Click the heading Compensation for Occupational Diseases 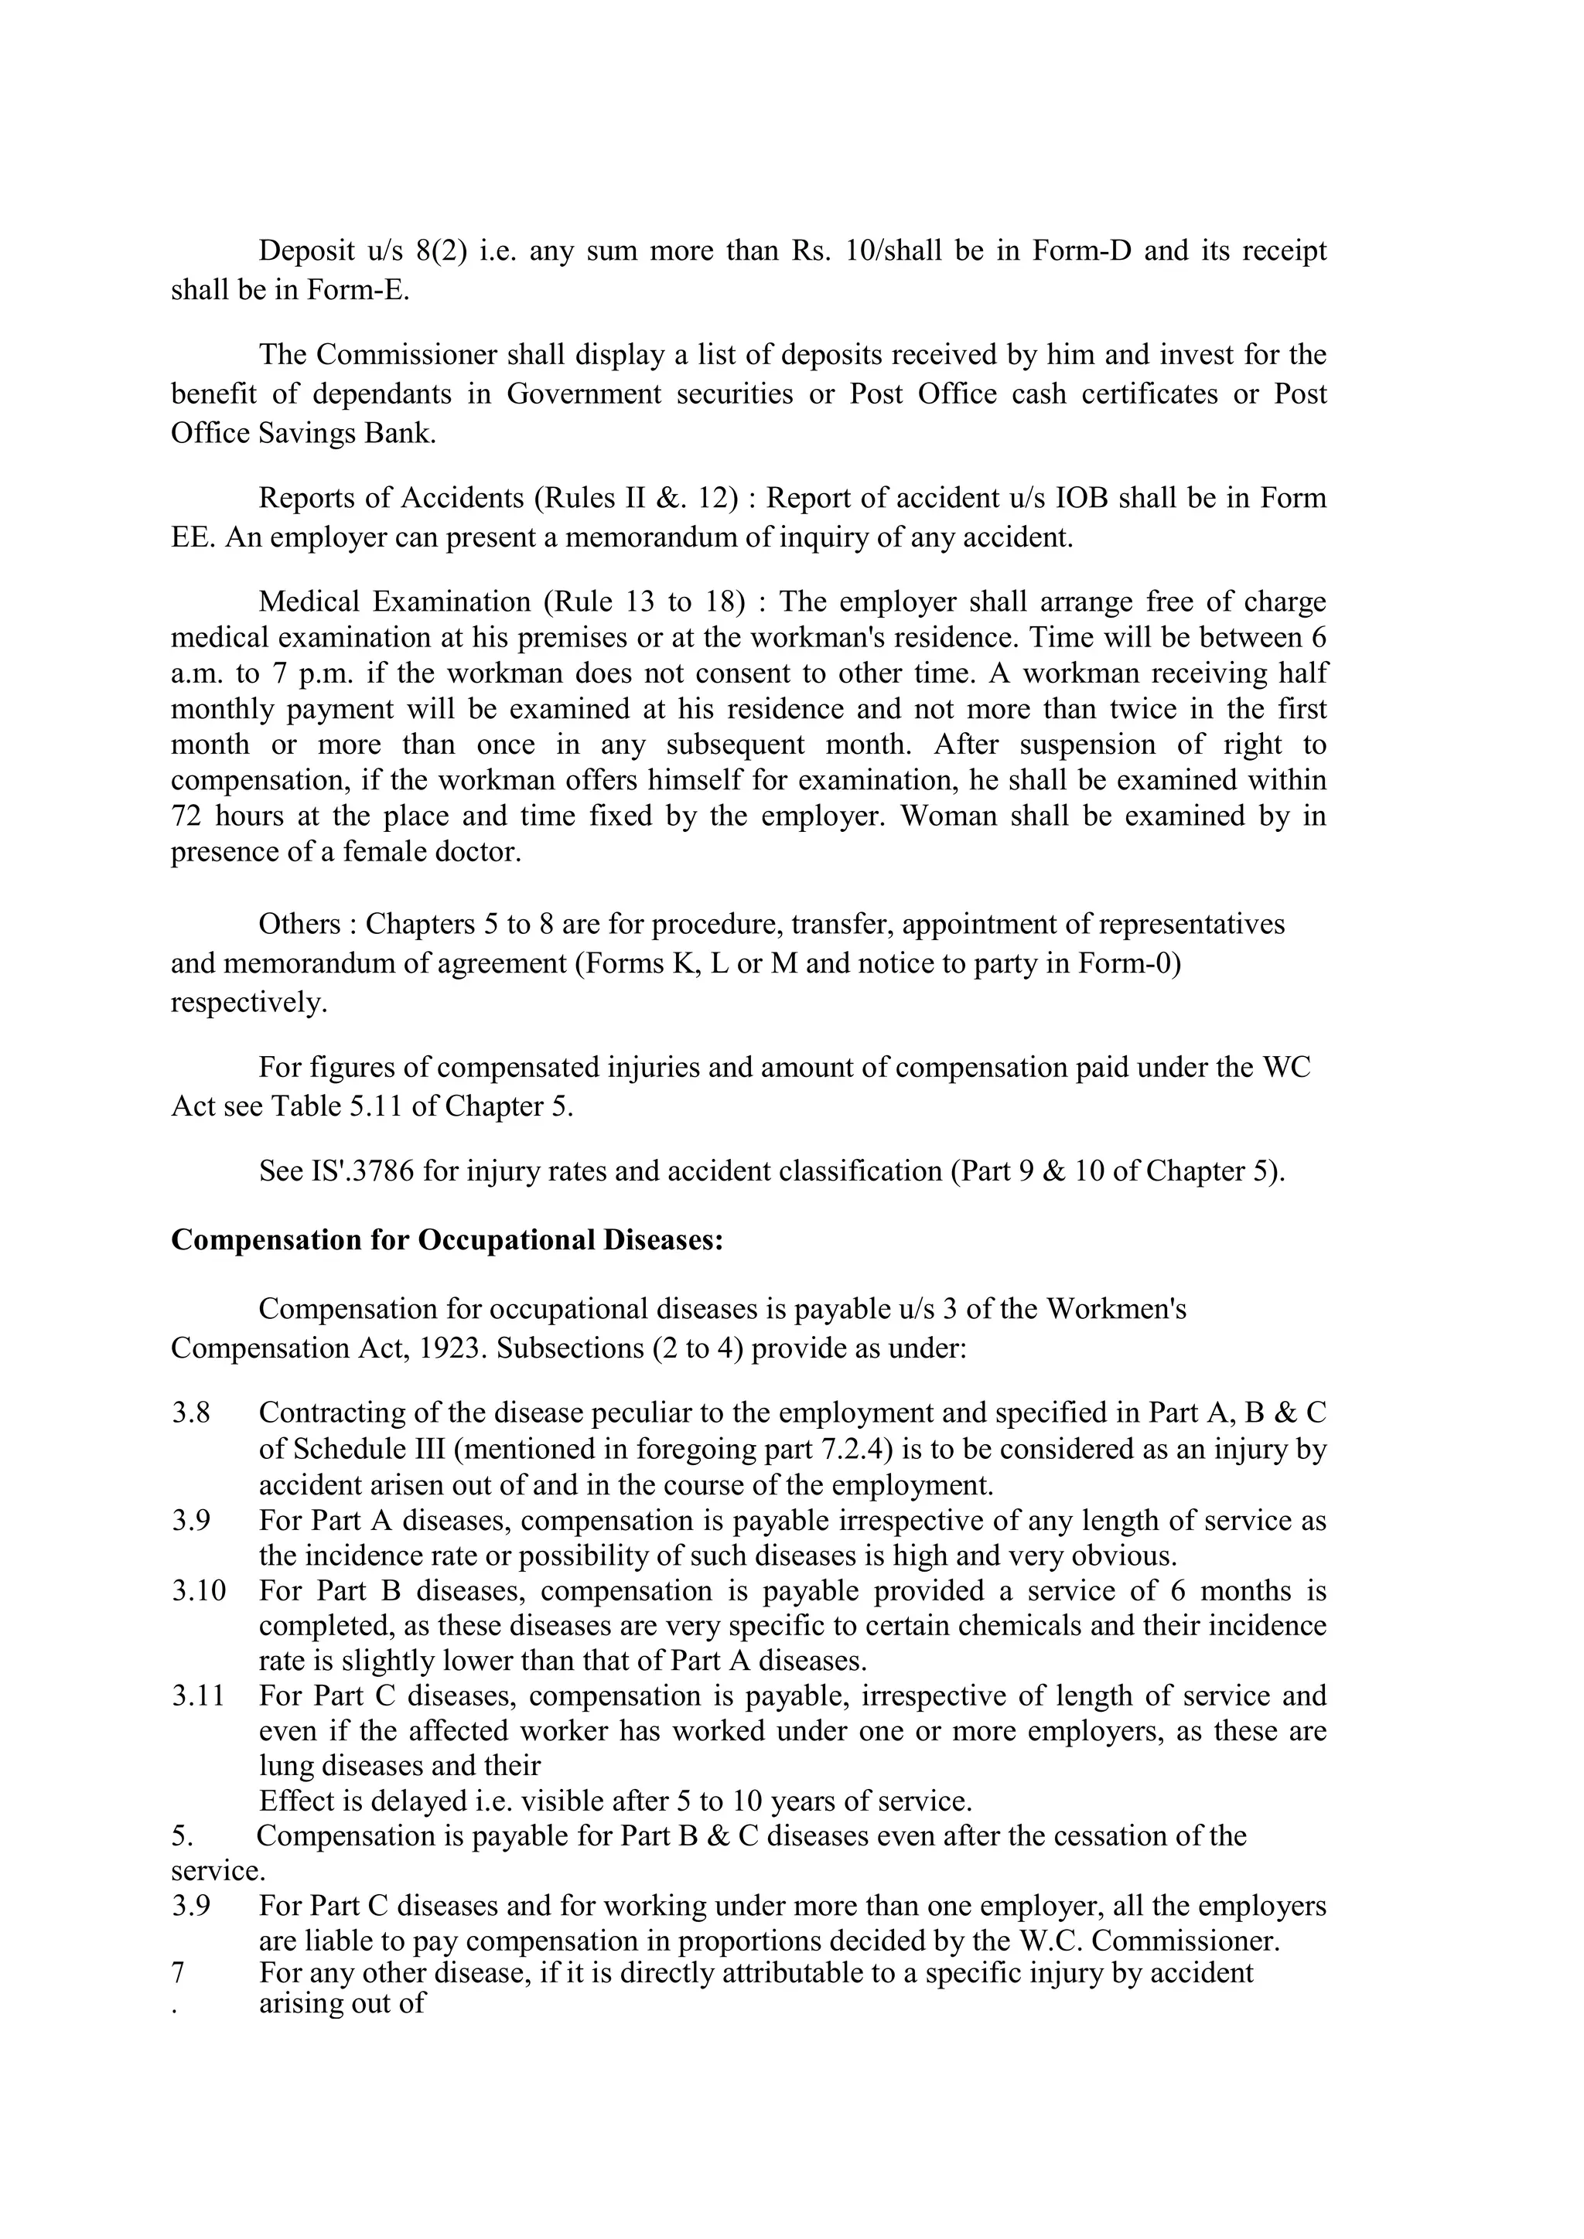pos(447,1240)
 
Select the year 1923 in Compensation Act pos(452,1348)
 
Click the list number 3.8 pos(191,1413)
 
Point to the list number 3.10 pos(199,1590)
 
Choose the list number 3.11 pos(199,1695)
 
